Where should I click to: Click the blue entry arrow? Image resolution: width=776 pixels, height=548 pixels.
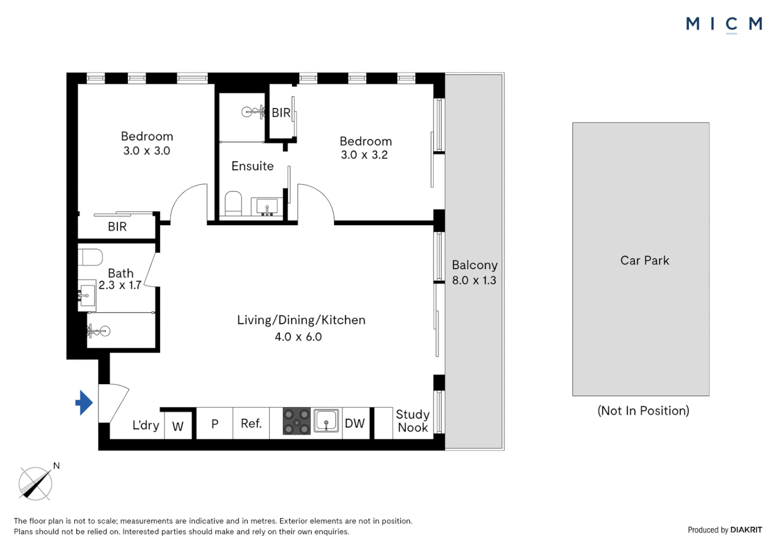(x=84, y=402)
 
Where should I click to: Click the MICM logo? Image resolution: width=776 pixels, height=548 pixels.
(x=724, y=25)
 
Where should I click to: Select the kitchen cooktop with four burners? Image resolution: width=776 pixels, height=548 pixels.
(x=297, y=421)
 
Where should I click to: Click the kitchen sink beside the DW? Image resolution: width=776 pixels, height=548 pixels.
(x=327, y=421)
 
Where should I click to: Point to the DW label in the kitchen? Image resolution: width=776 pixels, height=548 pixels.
(x=355, y=423)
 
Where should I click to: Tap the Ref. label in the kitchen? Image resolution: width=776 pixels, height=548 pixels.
(x=251, y=423)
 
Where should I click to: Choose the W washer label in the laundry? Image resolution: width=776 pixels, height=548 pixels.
(x=178, y=427)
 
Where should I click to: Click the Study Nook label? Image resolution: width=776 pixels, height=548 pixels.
(x=412, y=421)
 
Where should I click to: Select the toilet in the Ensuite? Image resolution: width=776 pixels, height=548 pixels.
(x=234, y=203)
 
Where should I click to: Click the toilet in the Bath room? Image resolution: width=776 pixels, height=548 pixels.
(x=90, y=258)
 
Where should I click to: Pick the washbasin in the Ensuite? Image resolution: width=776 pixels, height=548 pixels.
(x=267, y=207)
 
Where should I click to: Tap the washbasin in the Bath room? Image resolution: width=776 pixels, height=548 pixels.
(x=87, y=296)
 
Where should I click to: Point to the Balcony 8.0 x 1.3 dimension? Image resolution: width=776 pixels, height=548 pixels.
(x=474, y=280)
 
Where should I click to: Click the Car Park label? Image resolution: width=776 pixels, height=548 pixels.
(x=644, y=260)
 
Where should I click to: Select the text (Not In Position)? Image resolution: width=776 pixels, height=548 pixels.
(x=643, y=410)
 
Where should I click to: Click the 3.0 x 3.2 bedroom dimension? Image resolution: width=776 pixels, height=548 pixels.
(x=364, y=155)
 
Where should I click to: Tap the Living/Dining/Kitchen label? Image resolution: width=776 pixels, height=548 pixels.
(x=301, y=320)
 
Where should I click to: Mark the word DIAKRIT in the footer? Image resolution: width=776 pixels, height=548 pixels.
(x=746, y=530)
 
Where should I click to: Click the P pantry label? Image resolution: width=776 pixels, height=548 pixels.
(x=215, y=424)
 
